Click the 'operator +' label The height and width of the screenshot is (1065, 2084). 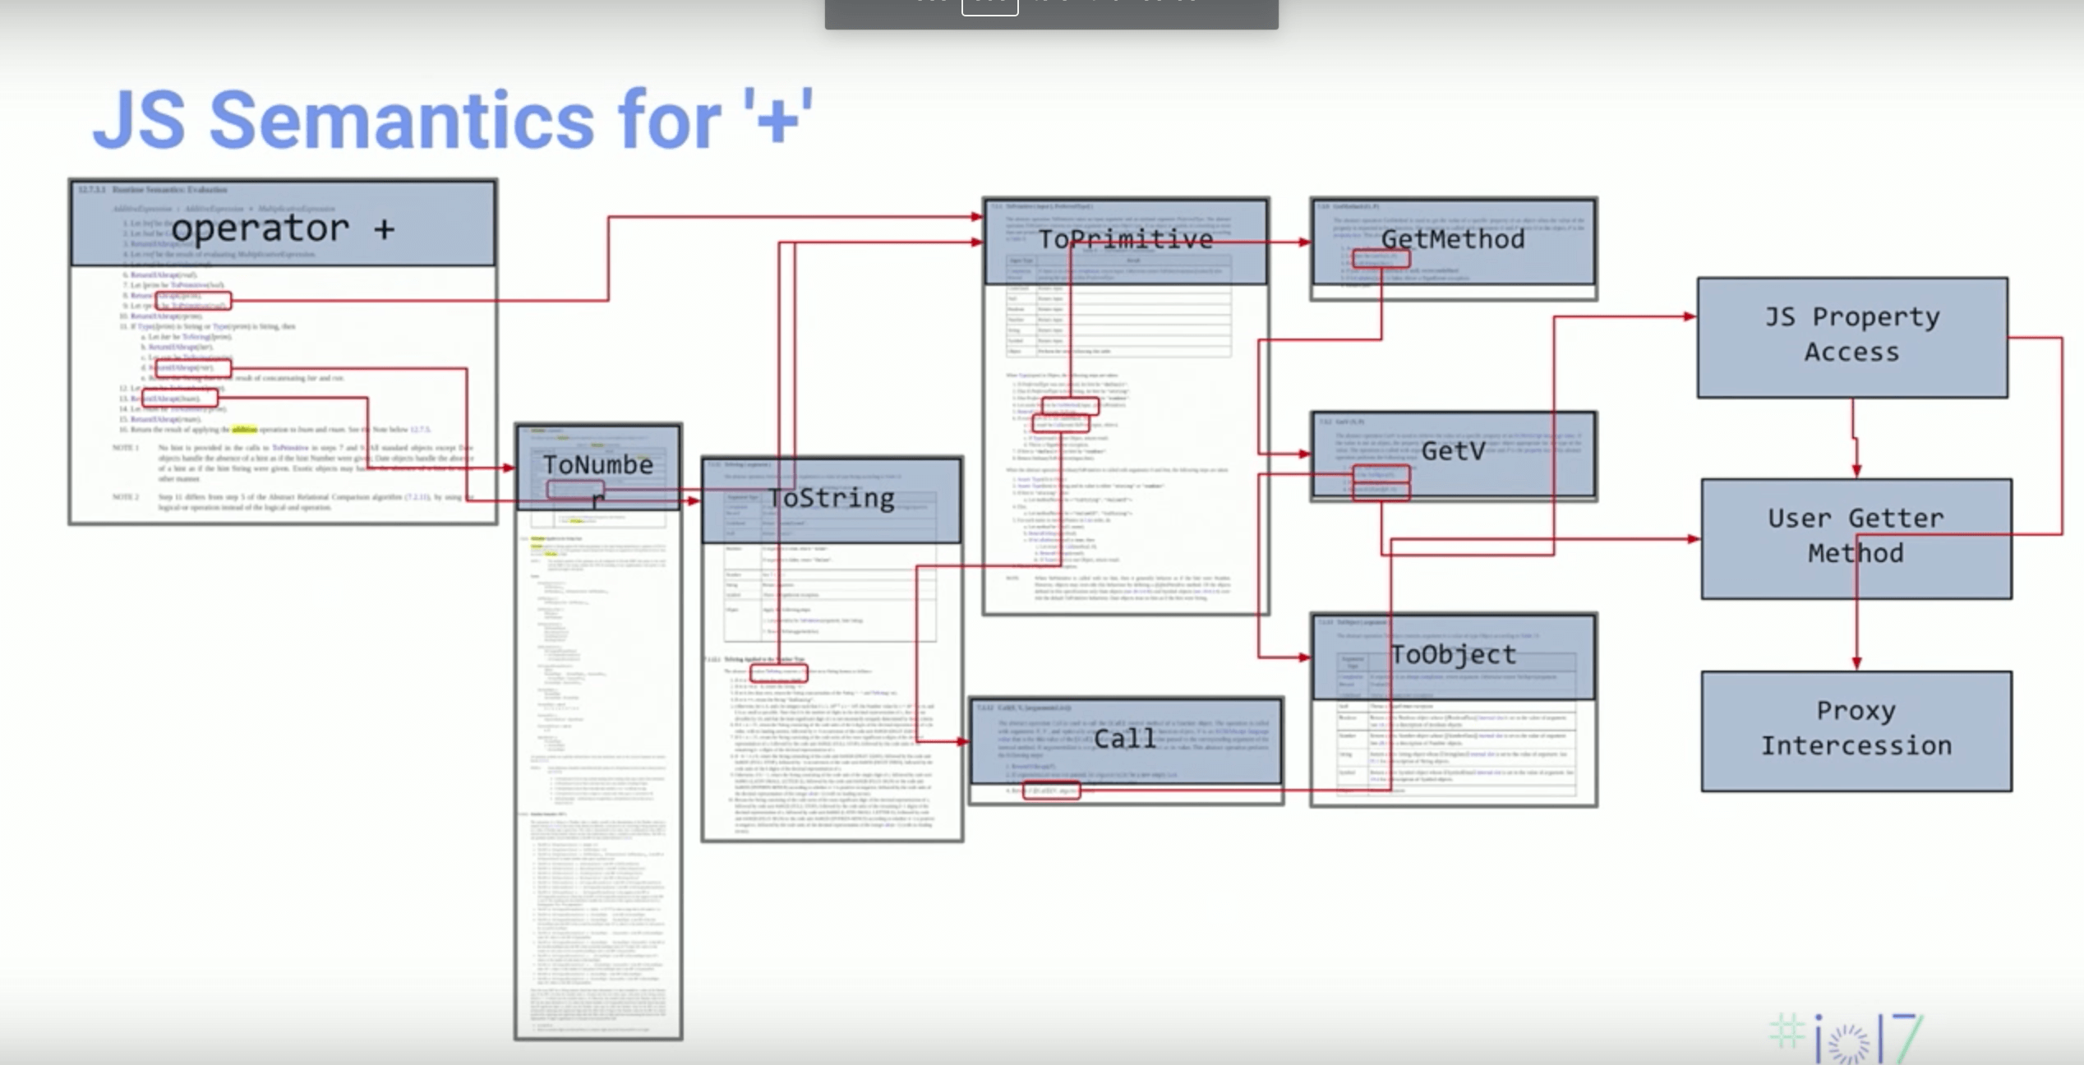click(283, 228)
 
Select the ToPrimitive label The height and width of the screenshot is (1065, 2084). click(1125, 239)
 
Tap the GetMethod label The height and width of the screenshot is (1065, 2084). click(1452, 239)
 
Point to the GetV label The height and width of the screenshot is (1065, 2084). click(1452, 450)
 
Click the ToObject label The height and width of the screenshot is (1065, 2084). click(1452, 655)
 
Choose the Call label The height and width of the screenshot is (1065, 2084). click(1124, 738)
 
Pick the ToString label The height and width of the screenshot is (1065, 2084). click(831, 498)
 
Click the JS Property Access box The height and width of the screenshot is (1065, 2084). click(1851, 336)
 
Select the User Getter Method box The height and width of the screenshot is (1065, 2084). click(1856, 537)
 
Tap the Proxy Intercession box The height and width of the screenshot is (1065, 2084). click(1856, 730)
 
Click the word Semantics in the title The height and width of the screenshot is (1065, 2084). click(401, 122)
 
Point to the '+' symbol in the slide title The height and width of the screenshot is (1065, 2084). click(777, 120)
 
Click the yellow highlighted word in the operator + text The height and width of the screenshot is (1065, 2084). click(244, 429)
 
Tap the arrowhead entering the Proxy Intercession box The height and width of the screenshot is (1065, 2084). click(1856, 663)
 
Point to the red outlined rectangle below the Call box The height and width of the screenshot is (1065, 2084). click(1051, 791)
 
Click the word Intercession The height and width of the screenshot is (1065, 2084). click(1856, 746)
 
